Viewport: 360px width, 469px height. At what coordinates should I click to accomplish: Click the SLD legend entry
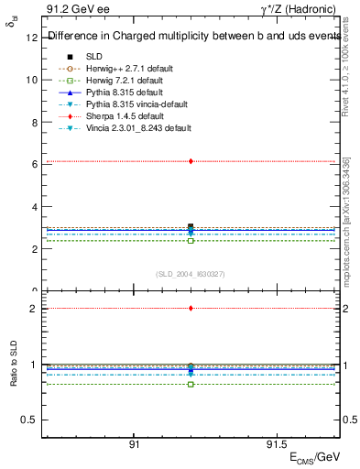point(93,56)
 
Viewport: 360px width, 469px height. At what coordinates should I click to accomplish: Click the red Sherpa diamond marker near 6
point(191,161)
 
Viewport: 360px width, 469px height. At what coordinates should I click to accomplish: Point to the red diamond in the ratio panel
point(191,309)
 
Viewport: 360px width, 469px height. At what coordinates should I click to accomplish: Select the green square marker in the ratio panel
point(191,384)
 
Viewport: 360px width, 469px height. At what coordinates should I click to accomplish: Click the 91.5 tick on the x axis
point(276,444)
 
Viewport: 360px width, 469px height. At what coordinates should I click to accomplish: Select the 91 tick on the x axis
point(134,444)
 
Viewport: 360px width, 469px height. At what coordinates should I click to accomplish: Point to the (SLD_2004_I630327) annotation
point(191,274)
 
